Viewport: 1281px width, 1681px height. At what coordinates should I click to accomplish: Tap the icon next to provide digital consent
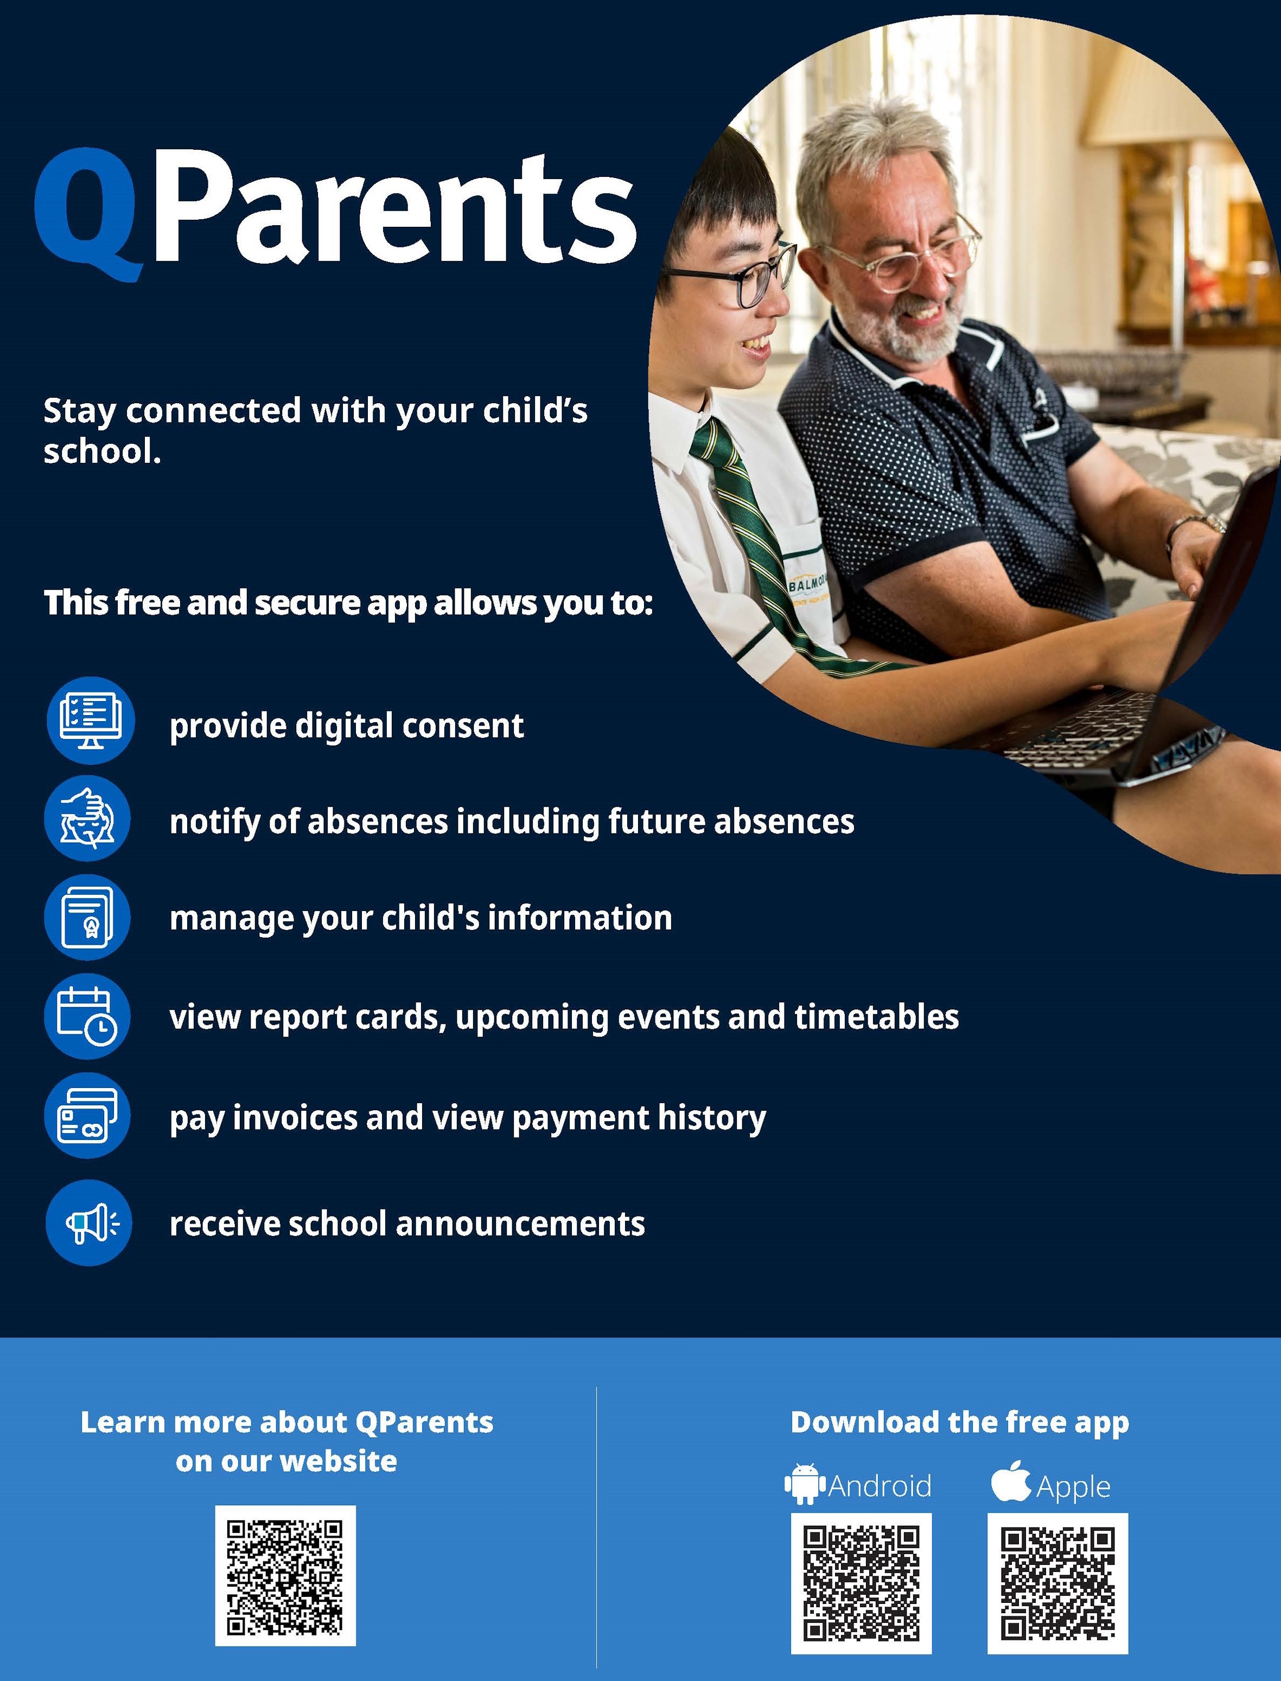91,721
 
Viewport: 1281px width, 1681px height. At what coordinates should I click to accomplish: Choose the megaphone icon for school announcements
89,1223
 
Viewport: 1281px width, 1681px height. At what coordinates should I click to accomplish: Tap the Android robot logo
805,1483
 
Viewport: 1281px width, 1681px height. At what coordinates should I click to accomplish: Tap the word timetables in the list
877,1016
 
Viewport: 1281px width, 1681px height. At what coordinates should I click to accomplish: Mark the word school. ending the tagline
102,451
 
